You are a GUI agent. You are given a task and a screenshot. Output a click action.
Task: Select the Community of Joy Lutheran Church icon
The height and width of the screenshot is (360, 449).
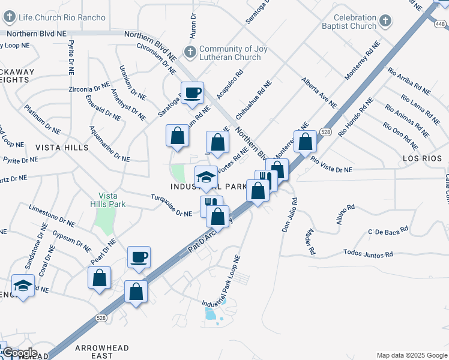(x=191, y=51)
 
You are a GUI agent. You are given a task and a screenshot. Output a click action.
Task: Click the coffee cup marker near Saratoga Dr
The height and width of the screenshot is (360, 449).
(x=192, y=93)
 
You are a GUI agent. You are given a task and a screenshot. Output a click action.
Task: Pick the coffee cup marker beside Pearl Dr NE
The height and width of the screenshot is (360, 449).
(x=139, y=257)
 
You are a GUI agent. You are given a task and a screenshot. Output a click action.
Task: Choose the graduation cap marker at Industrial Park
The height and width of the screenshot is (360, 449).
(x=205, y=177)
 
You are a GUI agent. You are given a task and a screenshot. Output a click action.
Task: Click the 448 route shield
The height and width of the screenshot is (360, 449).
(x=441, y=23)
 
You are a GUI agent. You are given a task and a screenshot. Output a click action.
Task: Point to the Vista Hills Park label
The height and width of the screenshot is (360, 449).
(x=112, y=200)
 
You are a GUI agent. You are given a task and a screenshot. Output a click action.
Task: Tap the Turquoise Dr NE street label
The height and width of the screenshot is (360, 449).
(x=170, y=205)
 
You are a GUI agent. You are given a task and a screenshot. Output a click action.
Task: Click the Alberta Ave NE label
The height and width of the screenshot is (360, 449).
(x=319, y=92)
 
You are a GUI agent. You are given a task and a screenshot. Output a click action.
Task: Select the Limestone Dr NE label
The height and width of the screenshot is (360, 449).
(x=52, y=216)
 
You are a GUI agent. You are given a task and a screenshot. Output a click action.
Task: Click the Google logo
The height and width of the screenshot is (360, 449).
(x=19, y=353)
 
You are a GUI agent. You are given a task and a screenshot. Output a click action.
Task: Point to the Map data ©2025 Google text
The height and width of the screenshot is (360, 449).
(x=411, y=355)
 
